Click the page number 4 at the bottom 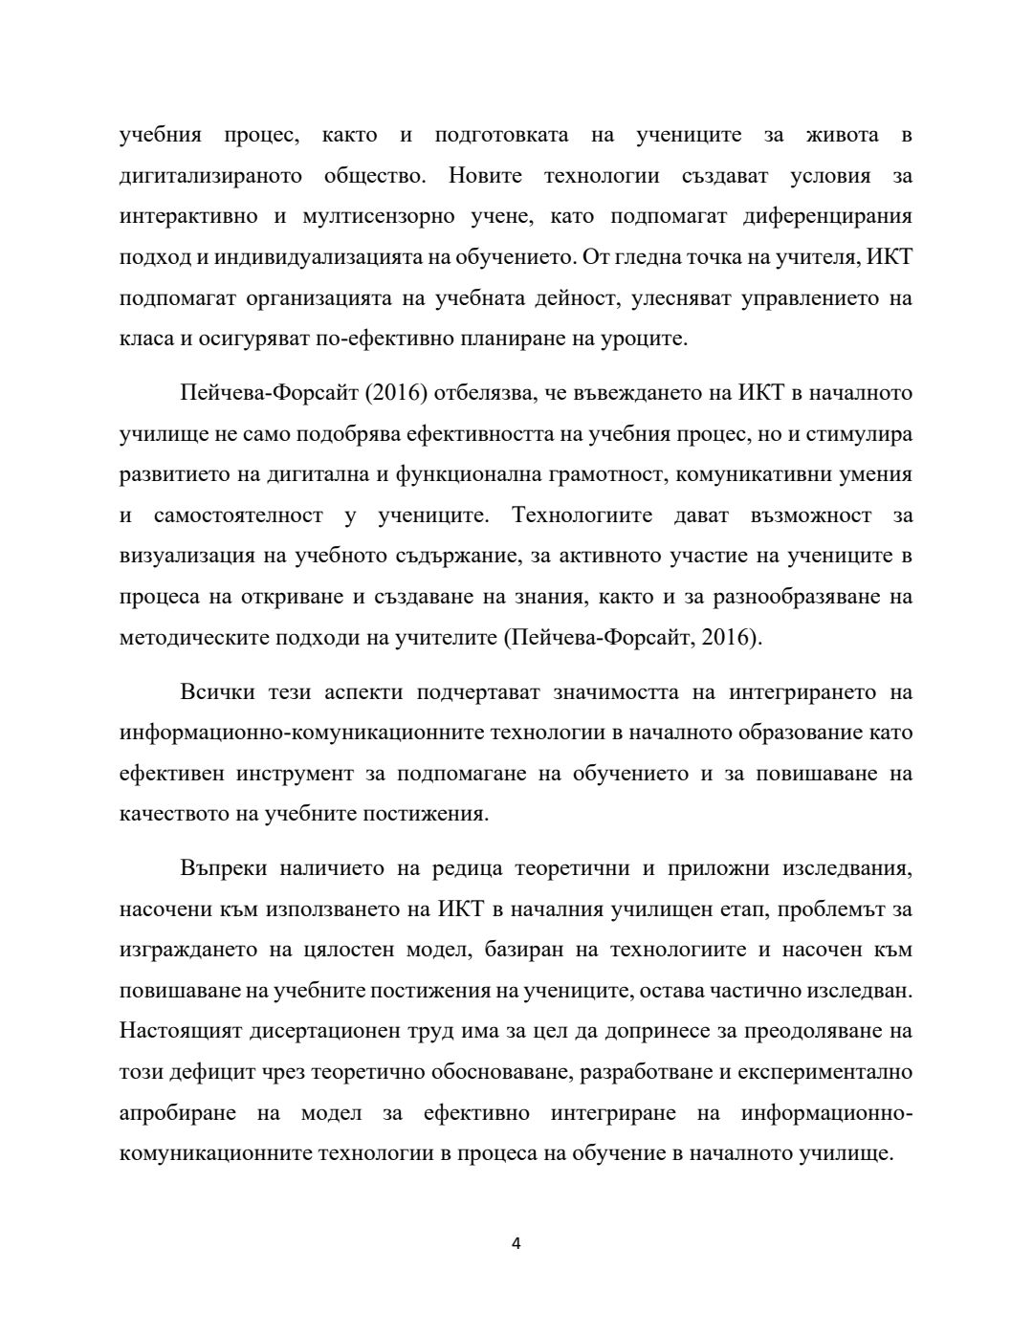[516, 1243]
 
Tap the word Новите [485, 176]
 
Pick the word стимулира [859, 434]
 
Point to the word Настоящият [179, 1031]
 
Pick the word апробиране [175, 1112]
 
